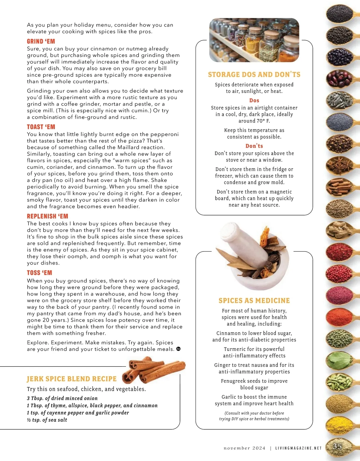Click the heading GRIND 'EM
click(41, 41)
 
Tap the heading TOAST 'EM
click(41, 127)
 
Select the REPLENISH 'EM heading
click(47, 216)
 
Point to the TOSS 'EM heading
click(39, 273)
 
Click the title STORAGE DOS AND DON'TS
click(254, 75)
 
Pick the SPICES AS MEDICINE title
click(254, 301)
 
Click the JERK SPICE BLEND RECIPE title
click(71, 379)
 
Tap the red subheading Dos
click(254, 100)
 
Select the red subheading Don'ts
click(254, 146)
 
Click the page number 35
click(337, 446)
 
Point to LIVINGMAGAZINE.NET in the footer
click(298, 448)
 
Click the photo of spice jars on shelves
click(254, 40)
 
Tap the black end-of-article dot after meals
click(178, 349)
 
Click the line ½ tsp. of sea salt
click(47, 420)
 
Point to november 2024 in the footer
click(244, 448)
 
